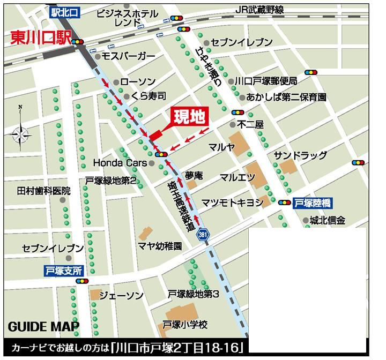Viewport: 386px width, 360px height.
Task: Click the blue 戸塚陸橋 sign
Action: [314, 202]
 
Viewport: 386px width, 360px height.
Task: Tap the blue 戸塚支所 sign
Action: [64, 271]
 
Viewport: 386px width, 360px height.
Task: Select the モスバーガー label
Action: [128, 56]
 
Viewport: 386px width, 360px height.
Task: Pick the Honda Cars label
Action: [118, 162]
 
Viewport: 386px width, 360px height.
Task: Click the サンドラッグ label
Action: [300, 155]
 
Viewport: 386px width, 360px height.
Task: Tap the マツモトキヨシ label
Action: [232, 202]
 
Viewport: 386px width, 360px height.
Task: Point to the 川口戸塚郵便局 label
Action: [266, 81]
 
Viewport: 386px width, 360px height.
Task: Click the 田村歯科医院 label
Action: [44, 191]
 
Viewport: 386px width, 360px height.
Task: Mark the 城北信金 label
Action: [328, 220]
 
